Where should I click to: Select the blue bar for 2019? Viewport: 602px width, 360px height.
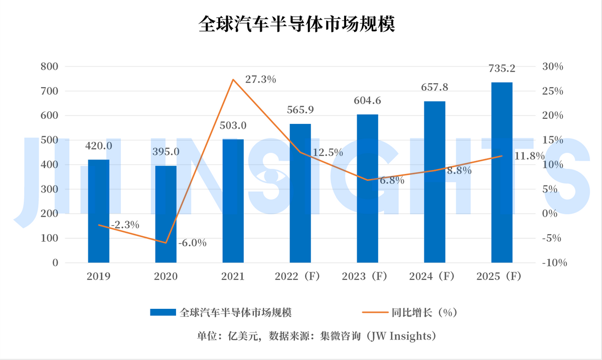click(98, 211)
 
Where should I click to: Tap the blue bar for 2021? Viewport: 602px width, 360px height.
click(233, 201)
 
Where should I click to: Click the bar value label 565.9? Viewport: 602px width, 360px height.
click(300, 110)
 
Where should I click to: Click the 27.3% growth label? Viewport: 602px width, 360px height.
click(260, 79)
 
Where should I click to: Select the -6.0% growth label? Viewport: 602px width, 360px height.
click(193, 243)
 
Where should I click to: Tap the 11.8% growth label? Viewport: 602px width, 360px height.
click(529, 156)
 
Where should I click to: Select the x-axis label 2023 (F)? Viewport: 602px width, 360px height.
click(367, 276)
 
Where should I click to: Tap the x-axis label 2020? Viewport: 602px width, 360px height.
click(166, 276)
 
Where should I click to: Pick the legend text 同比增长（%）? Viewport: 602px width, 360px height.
click(424, 312)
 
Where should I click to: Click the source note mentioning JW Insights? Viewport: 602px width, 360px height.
click(317, 335)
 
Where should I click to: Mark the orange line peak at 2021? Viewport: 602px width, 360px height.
click(233, 79)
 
